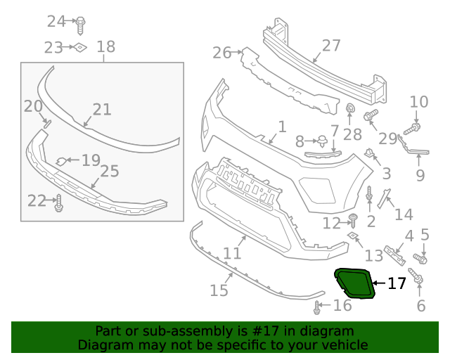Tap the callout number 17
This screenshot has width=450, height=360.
click(x=397, y=283)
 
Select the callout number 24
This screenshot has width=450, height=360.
click(x=56, y=21)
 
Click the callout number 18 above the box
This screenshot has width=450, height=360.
click(x=105, y=47)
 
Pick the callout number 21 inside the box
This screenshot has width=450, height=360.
click(x=102, y=109)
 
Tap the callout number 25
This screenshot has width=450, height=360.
click(x=109, y=170)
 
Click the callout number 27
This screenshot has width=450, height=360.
click(x=330, y=46)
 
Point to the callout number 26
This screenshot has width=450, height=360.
click(x=221, y=52)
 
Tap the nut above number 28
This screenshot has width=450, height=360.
click(x=349, y=108)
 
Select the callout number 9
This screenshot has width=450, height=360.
click(x=420, y=174)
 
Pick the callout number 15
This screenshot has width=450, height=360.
click(x=219, y=290)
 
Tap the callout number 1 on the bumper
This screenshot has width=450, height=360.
click(x=282, y=127)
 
